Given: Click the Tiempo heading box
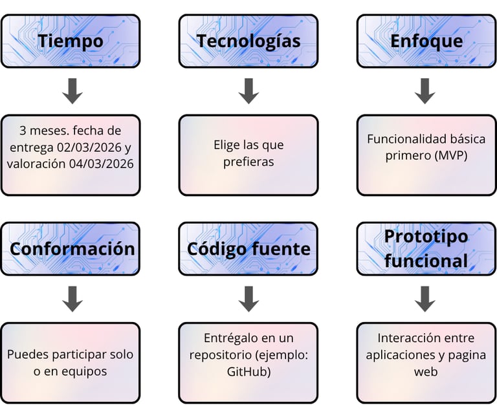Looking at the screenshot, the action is (x=71, y=41).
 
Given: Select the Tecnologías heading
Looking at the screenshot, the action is (x=248, y=41).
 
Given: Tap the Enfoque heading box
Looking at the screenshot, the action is (x=426, y=41).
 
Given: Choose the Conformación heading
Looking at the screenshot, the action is (x=71, y=249).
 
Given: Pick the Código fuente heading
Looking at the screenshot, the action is (x=248, y=249).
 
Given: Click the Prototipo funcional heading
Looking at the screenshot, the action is (x=426, y=249).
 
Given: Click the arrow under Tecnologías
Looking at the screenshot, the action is (x=248, y=91).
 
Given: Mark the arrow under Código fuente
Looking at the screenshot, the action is (x=248, y=298).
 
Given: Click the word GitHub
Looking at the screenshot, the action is (x=248, y=372).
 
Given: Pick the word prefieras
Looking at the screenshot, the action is (x=248, y=162).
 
